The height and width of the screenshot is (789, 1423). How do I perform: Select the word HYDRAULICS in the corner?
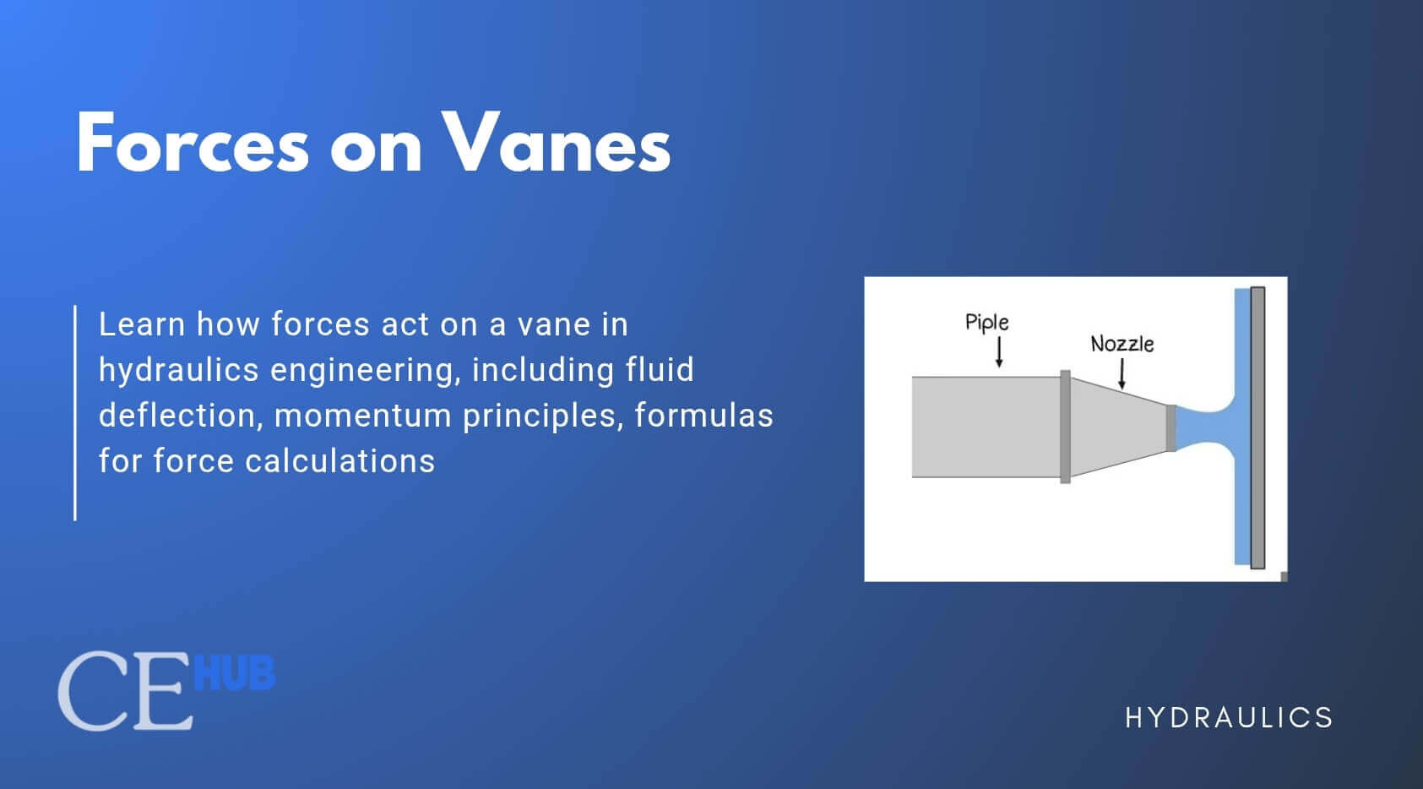(x=1229, y=718)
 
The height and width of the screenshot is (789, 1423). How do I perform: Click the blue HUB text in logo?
(x=235, y=674)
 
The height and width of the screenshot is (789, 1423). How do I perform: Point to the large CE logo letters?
(x=125, y=691)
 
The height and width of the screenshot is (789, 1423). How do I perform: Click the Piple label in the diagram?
(x=986, y=322)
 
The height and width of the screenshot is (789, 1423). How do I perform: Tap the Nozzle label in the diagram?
(x=1122, y=344)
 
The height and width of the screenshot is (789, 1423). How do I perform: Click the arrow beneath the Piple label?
(x=999, y=352)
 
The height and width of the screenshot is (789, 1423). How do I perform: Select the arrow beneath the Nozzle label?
(x=1122, y=373)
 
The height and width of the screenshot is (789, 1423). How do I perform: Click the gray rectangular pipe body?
(x=985, y=427)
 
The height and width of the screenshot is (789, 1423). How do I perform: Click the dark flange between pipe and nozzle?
(x=1065, y=427)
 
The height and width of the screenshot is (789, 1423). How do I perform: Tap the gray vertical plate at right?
(x=1257, y=427)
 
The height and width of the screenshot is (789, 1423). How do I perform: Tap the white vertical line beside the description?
(x=75, y=412)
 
